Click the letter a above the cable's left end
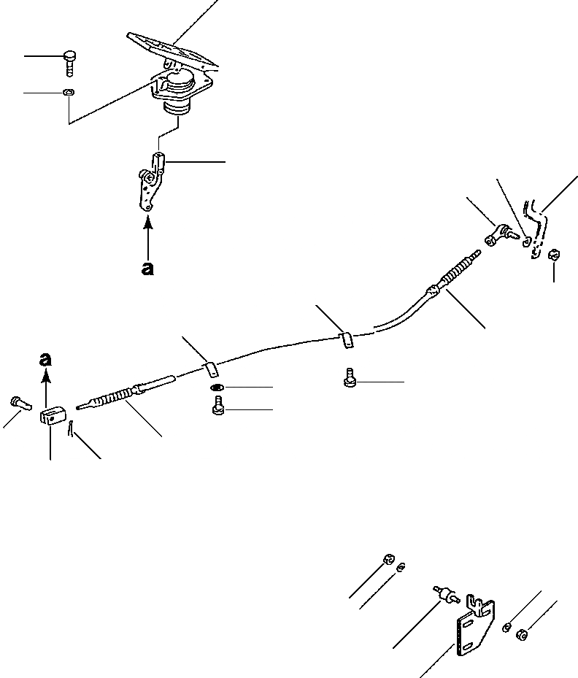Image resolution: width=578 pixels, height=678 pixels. click(x=46, y=359)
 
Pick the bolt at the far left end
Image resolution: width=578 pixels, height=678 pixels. click(x=18, y=401)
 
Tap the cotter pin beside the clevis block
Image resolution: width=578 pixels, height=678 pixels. click(x=70, y=431)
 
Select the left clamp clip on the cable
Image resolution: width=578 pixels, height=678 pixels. click(x=208, y=366)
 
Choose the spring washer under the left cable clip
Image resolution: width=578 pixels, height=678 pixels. click(x=217, y=388)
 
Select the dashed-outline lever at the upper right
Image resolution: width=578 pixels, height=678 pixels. click(x=538, y=226)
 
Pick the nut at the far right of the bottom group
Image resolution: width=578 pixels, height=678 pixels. click(x=520, y=633)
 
